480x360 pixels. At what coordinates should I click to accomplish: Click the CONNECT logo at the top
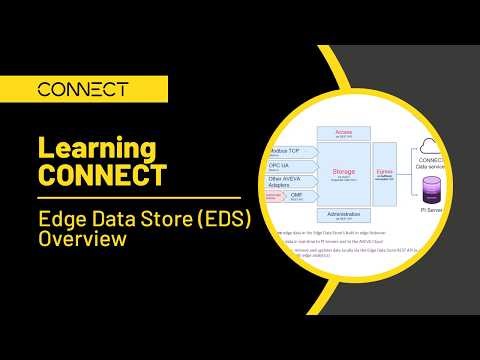pos(82,89)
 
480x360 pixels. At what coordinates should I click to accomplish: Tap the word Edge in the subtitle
pos(62,219)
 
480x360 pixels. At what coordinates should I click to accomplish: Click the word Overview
pos(81,240)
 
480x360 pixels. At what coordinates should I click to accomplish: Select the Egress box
pos(385,172)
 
